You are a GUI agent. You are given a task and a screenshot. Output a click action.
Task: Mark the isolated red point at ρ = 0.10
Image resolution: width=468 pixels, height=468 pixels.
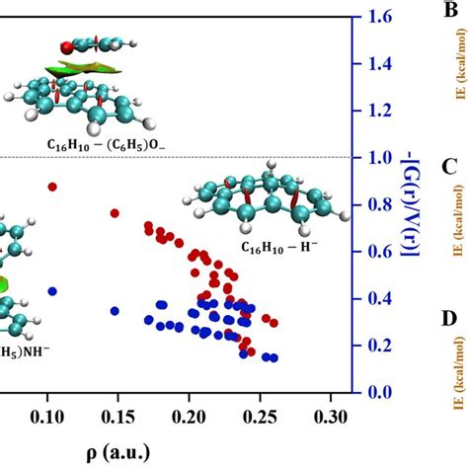[52, 187]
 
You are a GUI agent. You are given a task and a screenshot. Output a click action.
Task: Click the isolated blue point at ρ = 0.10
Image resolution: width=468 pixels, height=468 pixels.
[52, 291]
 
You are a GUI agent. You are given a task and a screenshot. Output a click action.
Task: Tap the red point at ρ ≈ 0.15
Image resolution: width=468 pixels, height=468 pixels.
[115, 213]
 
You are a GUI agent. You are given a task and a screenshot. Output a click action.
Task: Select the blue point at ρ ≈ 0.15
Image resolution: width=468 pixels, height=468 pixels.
[115, 311]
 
